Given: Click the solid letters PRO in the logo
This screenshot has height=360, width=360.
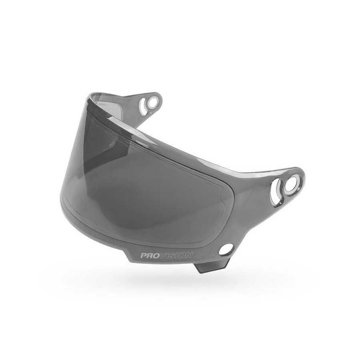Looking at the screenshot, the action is coord(150,255).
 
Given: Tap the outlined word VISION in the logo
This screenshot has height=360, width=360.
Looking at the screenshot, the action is coord(176,255).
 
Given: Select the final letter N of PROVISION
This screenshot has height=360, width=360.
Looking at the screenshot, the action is coord(190,255).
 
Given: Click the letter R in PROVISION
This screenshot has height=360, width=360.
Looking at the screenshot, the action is coord(150,255).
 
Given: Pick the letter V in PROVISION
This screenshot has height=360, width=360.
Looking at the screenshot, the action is coord(164,255).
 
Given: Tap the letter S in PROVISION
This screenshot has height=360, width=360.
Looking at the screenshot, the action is coord(173,255).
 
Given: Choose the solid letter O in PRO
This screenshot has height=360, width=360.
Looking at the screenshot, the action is coord(156,255).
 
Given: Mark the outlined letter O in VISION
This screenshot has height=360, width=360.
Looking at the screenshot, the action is coord(183,255).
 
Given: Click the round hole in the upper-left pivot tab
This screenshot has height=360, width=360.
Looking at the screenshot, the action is coord(152,102).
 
